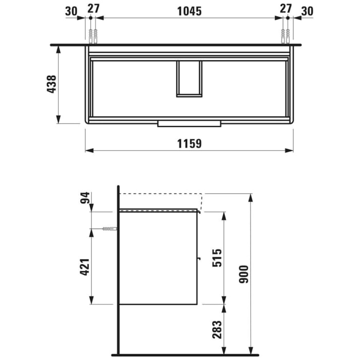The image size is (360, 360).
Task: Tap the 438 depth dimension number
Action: coord(50,84)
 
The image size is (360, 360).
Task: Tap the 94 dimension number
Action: coord(85,197)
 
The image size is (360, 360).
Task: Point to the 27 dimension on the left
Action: coord(93,9)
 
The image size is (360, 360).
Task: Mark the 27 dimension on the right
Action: coord(285,9)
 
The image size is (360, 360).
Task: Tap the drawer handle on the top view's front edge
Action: coord(189,123)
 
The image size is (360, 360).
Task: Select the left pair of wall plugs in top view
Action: coord(93,37)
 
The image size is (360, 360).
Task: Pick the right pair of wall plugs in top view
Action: coord(284,37)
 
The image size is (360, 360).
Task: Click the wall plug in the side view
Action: coord(109,229)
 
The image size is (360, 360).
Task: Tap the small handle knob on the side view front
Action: coord(199,259)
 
